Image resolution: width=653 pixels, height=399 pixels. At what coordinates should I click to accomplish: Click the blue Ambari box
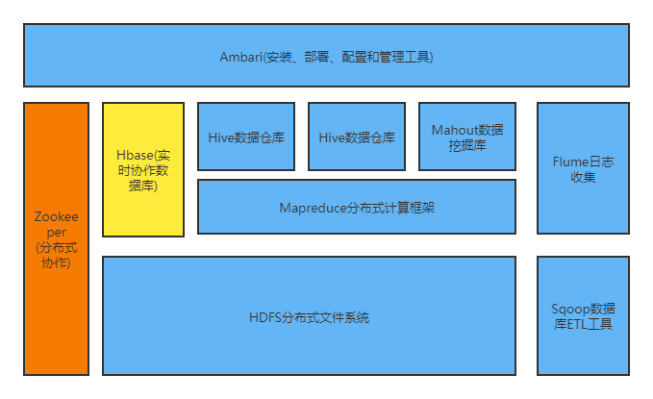[x=326, y=56]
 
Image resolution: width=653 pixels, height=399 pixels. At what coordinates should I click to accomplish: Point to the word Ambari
[x=239, y=57]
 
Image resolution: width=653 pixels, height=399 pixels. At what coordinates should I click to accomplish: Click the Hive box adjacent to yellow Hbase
[x=246, y=137]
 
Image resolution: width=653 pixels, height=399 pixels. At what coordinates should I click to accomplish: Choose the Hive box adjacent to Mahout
[x=357, y=137]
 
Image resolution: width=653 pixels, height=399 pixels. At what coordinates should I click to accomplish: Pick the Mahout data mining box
[x=467, y=137]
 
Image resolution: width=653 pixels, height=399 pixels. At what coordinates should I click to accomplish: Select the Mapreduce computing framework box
[x=356, y=207]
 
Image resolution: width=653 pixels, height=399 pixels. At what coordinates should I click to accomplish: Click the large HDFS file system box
[x=309, y=316]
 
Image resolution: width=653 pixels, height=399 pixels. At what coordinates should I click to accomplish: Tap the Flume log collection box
[x=583, y=169]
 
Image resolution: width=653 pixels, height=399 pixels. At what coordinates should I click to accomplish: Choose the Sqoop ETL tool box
[x=583, y=316]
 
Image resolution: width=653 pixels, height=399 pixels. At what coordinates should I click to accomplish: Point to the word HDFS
[x=264, y=317]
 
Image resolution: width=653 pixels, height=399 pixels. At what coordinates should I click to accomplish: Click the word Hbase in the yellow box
[x=133, y=154]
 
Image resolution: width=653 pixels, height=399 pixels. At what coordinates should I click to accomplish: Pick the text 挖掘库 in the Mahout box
[x=467, y=145]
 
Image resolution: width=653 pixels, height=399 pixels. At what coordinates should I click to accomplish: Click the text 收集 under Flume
[x=583, y=177]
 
